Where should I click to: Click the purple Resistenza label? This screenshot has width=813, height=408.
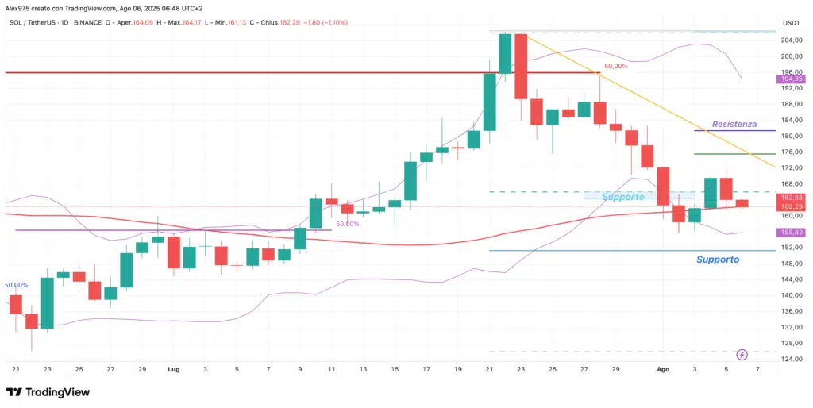coord(734,125)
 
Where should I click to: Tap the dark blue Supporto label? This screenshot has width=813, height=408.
coord(718,260)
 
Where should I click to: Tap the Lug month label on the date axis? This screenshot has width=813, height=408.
coord(173,370)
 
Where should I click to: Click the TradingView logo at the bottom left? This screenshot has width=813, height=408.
coord(48,392)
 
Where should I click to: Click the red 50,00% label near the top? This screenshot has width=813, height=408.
coord(616,67)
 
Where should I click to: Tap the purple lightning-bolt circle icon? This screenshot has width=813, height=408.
coord(743,354)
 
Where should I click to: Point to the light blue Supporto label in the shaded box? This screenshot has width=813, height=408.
coord(623,197)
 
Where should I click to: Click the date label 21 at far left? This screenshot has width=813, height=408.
coord(16,370)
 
